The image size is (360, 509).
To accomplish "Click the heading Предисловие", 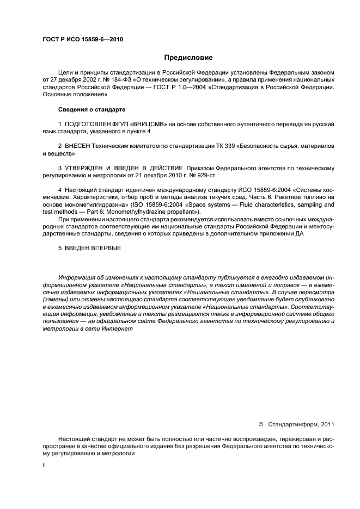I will pos(188,57).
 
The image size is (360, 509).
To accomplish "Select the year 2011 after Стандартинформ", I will pos(327,424).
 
